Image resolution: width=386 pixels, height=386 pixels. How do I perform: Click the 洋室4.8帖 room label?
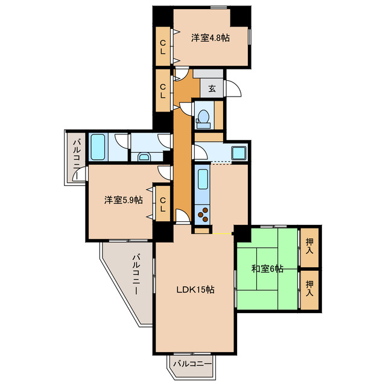coord(210,38)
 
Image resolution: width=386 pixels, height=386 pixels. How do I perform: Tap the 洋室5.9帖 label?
coord(124,200)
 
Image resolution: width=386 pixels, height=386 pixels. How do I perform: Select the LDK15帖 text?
coord(195,289)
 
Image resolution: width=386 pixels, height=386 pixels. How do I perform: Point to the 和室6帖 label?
coord(267,268)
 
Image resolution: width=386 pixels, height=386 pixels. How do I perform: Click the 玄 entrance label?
coord(212,89)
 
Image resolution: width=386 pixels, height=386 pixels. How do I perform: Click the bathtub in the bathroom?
coord(98,147)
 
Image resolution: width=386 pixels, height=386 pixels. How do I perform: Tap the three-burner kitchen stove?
coord(203,215)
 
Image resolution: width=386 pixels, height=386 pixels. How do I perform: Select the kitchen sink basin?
coord(203,179)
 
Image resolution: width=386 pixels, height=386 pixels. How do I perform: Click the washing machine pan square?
coord(239,153)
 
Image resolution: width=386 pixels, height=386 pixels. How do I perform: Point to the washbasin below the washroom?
coord(144,157)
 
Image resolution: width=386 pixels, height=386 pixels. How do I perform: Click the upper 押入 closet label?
coord(309,246)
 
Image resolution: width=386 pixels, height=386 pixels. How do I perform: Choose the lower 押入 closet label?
coord(309,288)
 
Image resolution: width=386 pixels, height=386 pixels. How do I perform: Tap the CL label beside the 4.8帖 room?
coord(163,47)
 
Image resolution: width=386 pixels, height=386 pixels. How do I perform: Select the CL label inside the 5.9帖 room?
coord(163,204)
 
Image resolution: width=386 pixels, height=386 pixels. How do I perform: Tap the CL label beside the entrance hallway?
coord(163,91)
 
